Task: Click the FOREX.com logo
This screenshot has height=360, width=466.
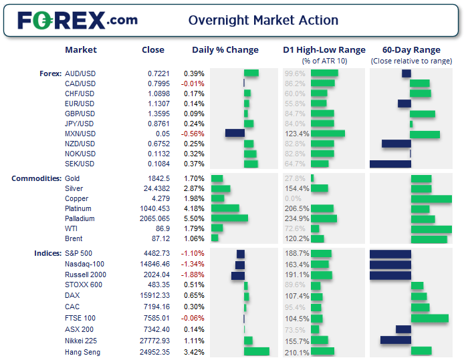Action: tap(78, 20)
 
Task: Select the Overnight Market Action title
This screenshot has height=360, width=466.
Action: tap(263, 21)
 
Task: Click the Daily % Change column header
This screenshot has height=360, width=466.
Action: tap(225, 50)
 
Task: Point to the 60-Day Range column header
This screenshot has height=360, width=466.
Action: tap(411, 50)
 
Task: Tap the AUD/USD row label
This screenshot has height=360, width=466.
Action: tap(80, 73)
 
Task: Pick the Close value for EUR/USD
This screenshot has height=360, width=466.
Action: tap(158, 104)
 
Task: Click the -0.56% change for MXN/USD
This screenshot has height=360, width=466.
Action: tap(193, 134)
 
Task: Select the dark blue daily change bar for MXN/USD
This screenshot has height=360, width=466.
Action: tap(235, 133)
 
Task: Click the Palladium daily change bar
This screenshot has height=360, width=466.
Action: tap(229, 218)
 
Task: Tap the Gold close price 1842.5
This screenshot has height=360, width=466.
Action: tap(158, 178)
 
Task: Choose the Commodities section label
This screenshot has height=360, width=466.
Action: tap(37, 178)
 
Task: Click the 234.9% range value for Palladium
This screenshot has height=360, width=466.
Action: tap(297, 218)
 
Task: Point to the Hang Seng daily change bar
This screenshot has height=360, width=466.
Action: tap(257, 351)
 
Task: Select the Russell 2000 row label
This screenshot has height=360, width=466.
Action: tap(86, 275)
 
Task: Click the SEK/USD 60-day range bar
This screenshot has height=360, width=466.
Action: tap(390, 164)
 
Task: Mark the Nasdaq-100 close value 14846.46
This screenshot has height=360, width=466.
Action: tap(155, 264)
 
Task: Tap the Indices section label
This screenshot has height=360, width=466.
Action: tap(48, 253)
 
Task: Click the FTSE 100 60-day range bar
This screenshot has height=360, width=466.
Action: tap(430, 318)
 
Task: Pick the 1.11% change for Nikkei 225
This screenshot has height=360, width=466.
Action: tap(194, 341)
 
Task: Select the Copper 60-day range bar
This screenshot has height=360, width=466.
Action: tap(431, 199)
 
